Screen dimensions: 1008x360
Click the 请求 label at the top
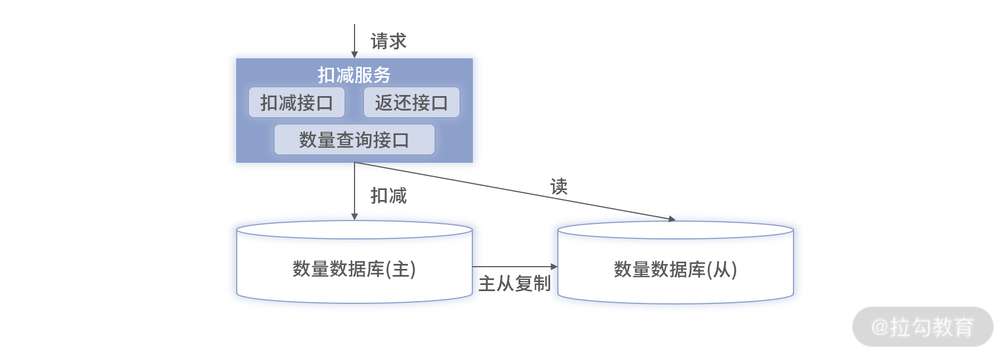point(388,41)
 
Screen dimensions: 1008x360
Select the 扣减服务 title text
point(354,75)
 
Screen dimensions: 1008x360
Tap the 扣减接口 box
point(297,102)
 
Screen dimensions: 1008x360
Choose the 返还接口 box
point(412,102)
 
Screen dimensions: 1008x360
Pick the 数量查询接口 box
point(355,139)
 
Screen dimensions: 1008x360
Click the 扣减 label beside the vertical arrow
point(388,196)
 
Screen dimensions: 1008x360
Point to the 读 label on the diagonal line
point(559,187)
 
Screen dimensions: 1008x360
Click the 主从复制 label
point(515,284)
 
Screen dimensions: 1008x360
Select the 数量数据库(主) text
point(355,269)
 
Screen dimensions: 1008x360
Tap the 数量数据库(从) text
point(676,269)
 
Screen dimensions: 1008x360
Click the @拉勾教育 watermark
point(923,327)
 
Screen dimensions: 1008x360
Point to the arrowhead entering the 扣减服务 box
point(355,55)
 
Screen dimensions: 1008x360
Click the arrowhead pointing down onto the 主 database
point(355,217)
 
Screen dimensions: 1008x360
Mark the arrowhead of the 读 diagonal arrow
point(672,219)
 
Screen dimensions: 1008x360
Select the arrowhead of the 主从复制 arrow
point(554,267)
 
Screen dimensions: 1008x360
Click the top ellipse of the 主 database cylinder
point(355,230)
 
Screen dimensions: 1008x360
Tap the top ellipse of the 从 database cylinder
point(676,230)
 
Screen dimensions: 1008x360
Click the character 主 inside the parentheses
point(401,269)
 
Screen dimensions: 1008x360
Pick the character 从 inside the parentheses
point(722,269)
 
